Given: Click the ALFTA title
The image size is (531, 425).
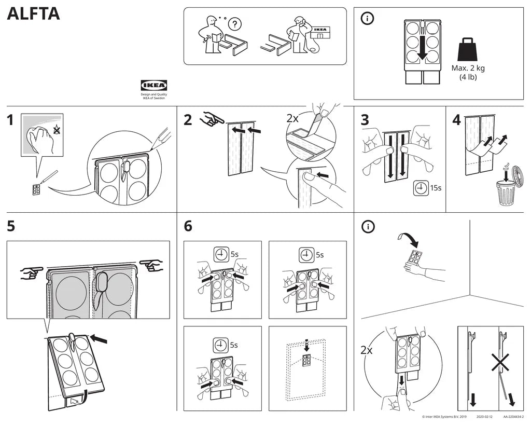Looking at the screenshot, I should (x=33, y=15).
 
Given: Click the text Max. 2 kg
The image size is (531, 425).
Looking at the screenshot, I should (x=468, y=68).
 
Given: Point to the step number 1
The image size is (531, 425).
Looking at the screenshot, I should (x=10, y=120).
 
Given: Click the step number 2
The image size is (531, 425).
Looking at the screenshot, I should (x=188, y=120).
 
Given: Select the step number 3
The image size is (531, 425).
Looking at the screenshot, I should (x=365, y=120).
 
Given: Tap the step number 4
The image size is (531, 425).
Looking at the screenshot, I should (x=456, y=120).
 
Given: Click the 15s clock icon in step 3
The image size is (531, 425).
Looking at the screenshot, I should (x=421, y=188).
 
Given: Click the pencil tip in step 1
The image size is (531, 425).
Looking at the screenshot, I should (x=152, y=148).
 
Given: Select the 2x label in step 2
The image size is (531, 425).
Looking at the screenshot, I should (x=293, y=118).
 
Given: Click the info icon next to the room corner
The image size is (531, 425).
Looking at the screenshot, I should (x=368, y=226).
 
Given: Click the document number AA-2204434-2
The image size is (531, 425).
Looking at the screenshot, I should (x=513, y=417).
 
